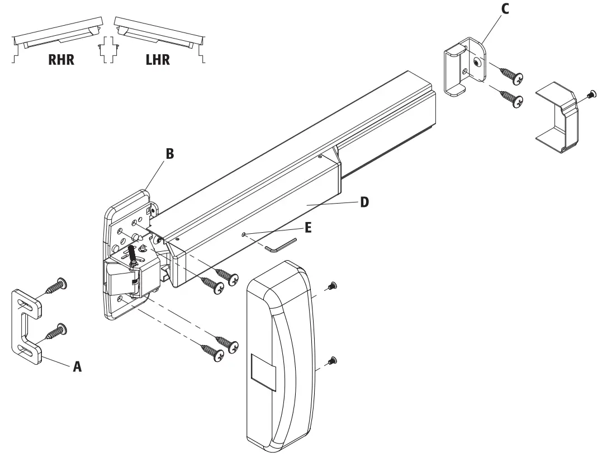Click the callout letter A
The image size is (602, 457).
click(78, 366)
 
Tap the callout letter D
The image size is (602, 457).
click(363, 202)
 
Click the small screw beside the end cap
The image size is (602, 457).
click(590, 96)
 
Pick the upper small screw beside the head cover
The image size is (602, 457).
click(331, 286)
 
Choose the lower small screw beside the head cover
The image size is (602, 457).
click(332, 360)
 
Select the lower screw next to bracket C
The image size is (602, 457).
click(512, 100)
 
